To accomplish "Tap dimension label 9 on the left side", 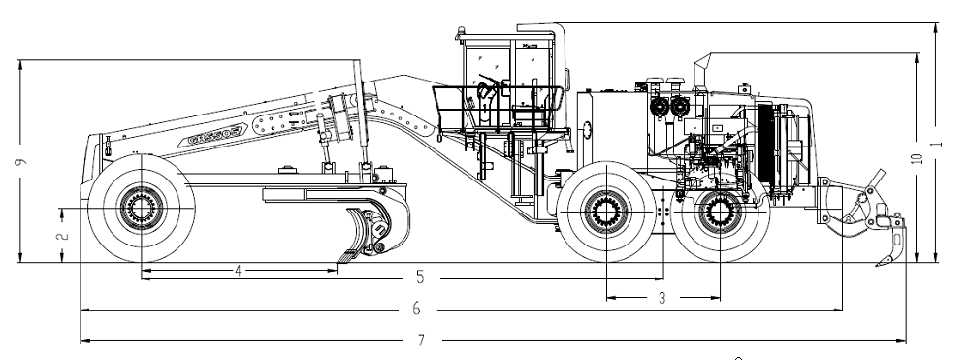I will tap(20, 161).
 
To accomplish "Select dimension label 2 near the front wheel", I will tap(61, 235).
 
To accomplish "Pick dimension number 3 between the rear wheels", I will tap(662, 298).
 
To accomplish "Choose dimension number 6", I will tap(416, 309).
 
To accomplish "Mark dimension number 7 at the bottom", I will tap(421, 341).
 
